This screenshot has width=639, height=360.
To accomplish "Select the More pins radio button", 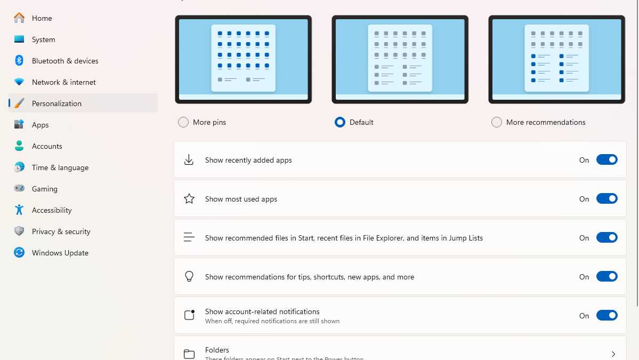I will tap(183, 122).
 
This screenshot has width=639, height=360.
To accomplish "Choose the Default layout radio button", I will tap(340, 122).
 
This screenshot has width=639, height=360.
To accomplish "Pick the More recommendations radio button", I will tap(497, 122).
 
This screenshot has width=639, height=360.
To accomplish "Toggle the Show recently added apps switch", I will tap(606, 159).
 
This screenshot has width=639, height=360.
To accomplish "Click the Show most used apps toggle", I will tap(606, 198).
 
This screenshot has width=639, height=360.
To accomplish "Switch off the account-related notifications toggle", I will tap(606, 315).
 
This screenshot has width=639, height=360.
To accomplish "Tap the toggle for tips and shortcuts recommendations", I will tap(606, 276).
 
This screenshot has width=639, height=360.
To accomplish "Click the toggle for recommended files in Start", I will tap(606, 237).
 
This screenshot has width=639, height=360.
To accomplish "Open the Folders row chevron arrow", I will tap(613, 354).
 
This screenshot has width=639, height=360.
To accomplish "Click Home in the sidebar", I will tap(42, 18).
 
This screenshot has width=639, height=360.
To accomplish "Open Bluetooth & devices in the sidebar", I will tap(65, 61).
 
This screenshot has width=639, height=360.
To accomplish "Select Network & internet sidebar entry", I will tap(64, 82).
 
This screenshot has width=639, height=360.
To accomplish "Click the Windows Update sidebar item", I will tap(60, 253).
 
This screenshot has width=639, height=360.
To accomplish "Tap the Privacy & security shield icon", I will tap(19, 231).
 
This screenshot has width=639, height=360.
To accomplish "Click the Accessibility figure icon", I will tap(19, 210).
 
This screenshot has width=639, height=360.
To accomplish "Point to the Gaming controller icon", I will tap(19, 188).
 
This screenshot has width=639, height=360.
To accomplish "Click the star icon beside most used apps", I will tap(189, 199).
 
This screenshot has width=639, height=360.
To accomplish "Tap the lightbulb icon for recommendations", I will tap(189, 276).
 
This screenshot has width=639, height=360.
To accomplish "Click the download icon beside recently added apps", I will tap(189, 160).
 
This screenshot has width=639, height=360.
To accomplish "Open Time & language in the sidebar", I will tap(60, 167).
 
